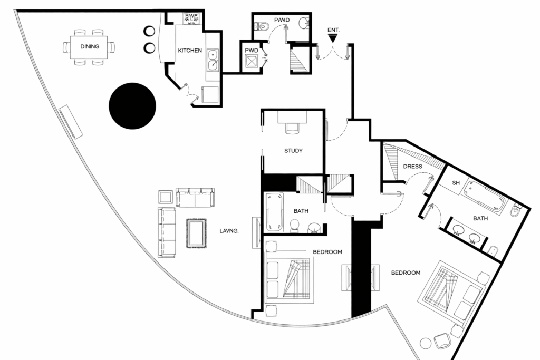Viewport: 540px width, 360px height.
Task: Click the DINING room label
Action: pyautogui.click(x=90, y=46)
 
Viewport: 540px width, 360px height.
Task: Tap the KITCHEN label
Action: pyautogui.click(x=190, y=51)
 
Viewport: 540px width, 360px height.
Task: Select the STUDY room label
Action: pyautogui.click(x=293, y=151)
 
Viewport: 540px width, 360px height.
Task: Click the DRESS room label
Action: pyautogui.click(x=412, y=167)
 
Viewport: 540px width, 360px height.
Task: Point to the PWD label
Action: pyautogui.click(x=252, y=51)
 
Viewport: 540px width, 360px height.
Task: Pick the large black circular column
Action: pyautogui.click(x=132, y=106)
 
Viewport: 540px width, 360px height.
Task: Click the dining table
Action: pyautogui.click(x=90, y=46)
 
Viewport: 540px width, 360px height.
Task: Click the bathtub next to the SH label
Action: pyautogui.click(x=486, y=196)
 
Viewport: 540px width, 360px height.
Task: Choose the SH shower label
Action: pyautogui.click(x=457, y=183)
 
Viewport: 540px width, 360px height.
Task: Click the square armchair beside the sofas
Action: pyautogui.click(x=166, y=197)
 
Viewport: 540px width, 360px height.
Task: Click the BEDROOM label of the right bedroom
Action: pyautogui.click(x=406, y=273)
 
